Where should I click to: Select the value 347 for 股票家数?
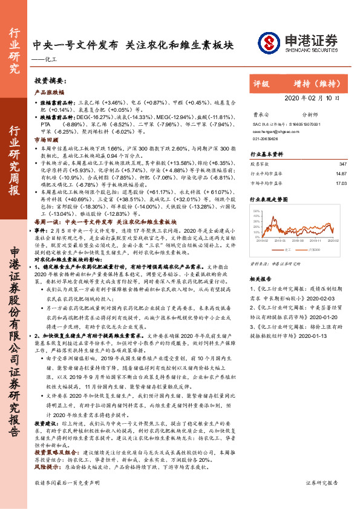point(344,164)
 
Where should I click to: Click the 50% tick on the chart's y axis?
point(257,211)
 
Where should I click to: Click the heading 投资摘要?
point(50,80)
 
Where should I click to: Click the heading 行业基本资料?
point(267,155)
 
